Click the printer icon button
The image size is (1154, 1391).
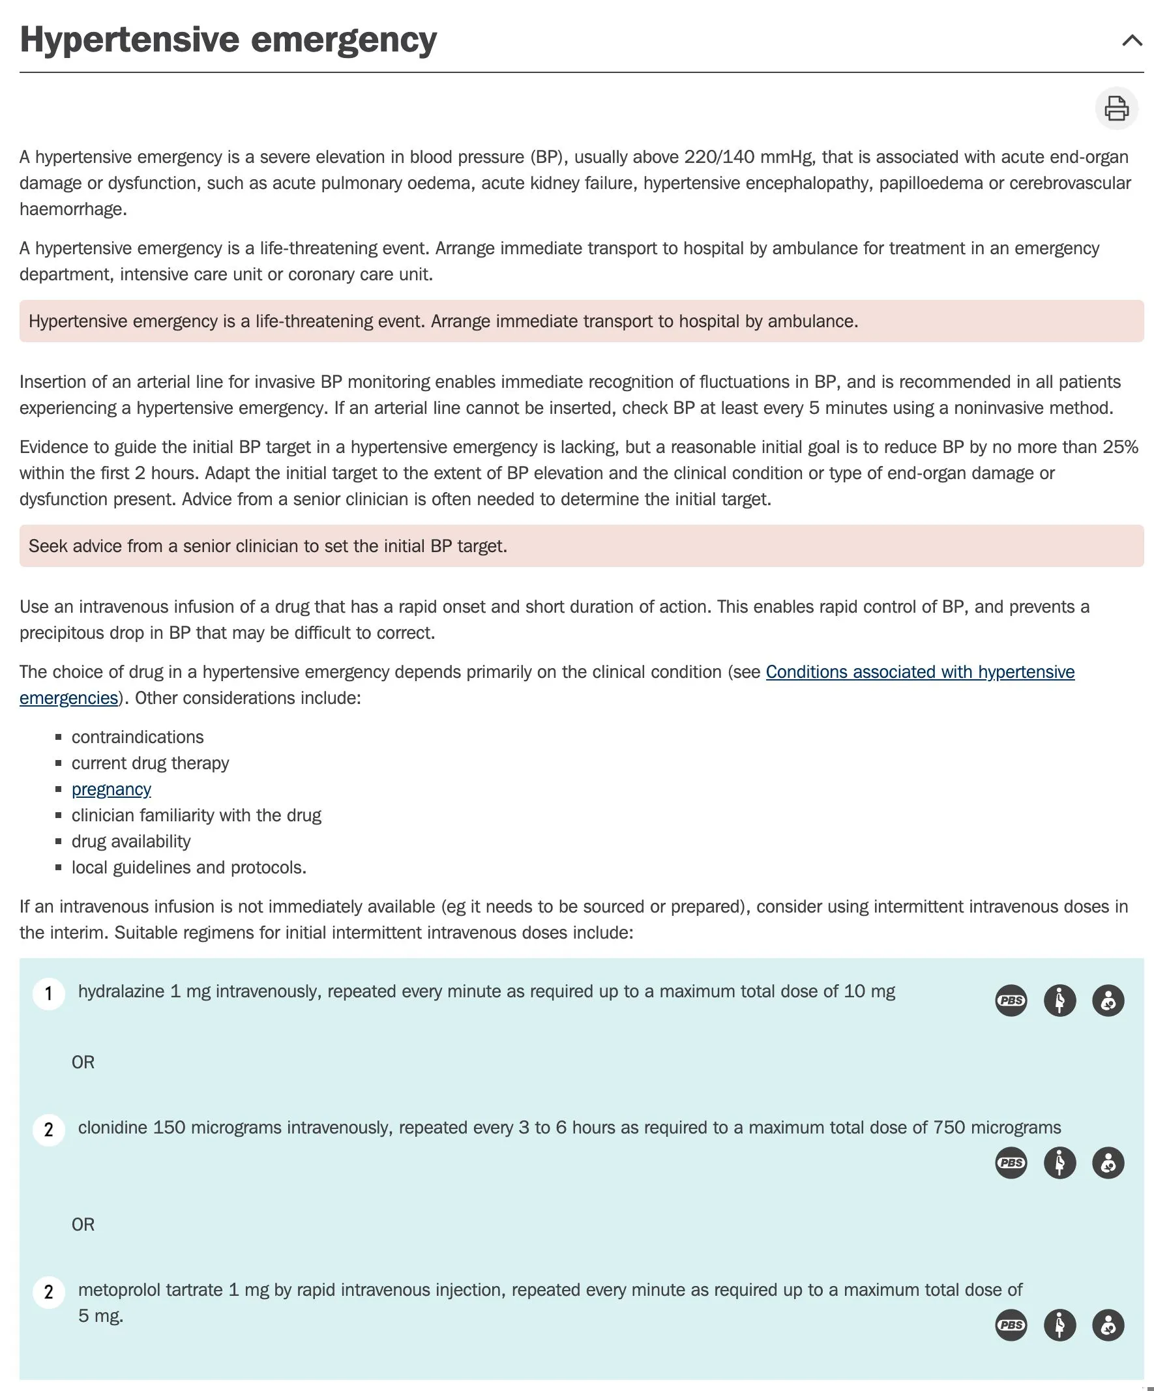(1116, 108)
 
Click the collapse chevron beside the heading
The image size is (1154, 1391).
(1132, 40)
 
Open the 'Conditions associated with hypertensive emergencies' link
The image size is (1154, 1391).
(919, 671)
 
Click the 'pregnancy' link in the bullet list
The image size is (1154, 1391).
(111, 789)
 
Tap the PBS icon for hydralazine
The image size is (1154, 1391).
(1011, 1000)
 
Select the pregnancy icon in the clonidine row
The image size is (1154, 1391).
(1059, 1162)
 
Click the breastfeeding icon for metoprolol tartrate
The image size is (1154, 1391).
(1108, 1325)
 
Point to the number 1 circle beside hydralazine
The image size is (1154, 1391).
(48, 993)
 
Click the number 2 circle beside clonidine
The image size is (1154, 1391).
(48, 1130)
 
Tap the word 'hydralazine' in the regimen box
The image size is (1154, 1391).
(121, 991)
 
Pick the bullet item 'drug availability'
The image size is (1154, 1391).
(131, 842)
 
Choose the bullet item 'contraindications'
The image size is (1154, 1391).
(138, 737)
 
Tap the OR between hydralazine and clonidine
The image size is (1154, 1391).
(83, 1062)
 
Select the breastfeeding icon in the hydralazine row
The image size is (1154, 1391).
(1108, 1000)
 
